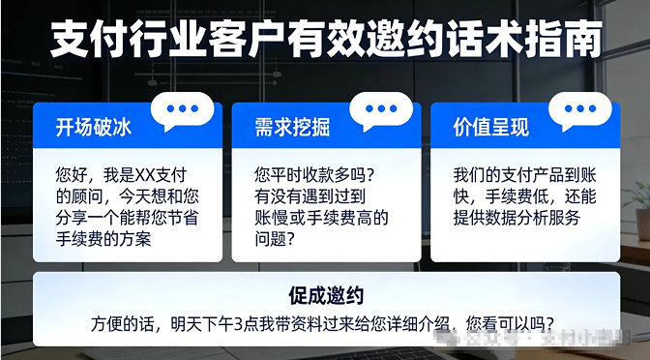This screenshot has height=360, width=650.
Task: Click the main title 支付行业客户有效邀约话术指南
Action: [x=325, y=41]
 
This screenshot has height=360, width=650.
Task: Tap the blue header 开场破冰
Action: [x=93, y=127]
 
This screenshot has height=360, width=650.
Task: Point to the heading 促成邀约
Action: [x=325, y=293]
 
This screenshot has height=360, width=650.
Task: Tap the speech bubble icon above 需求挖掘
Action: [x=381, y=111]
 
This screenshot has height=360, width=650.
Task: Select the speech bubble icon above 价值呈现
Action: [x=579, y=111]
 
